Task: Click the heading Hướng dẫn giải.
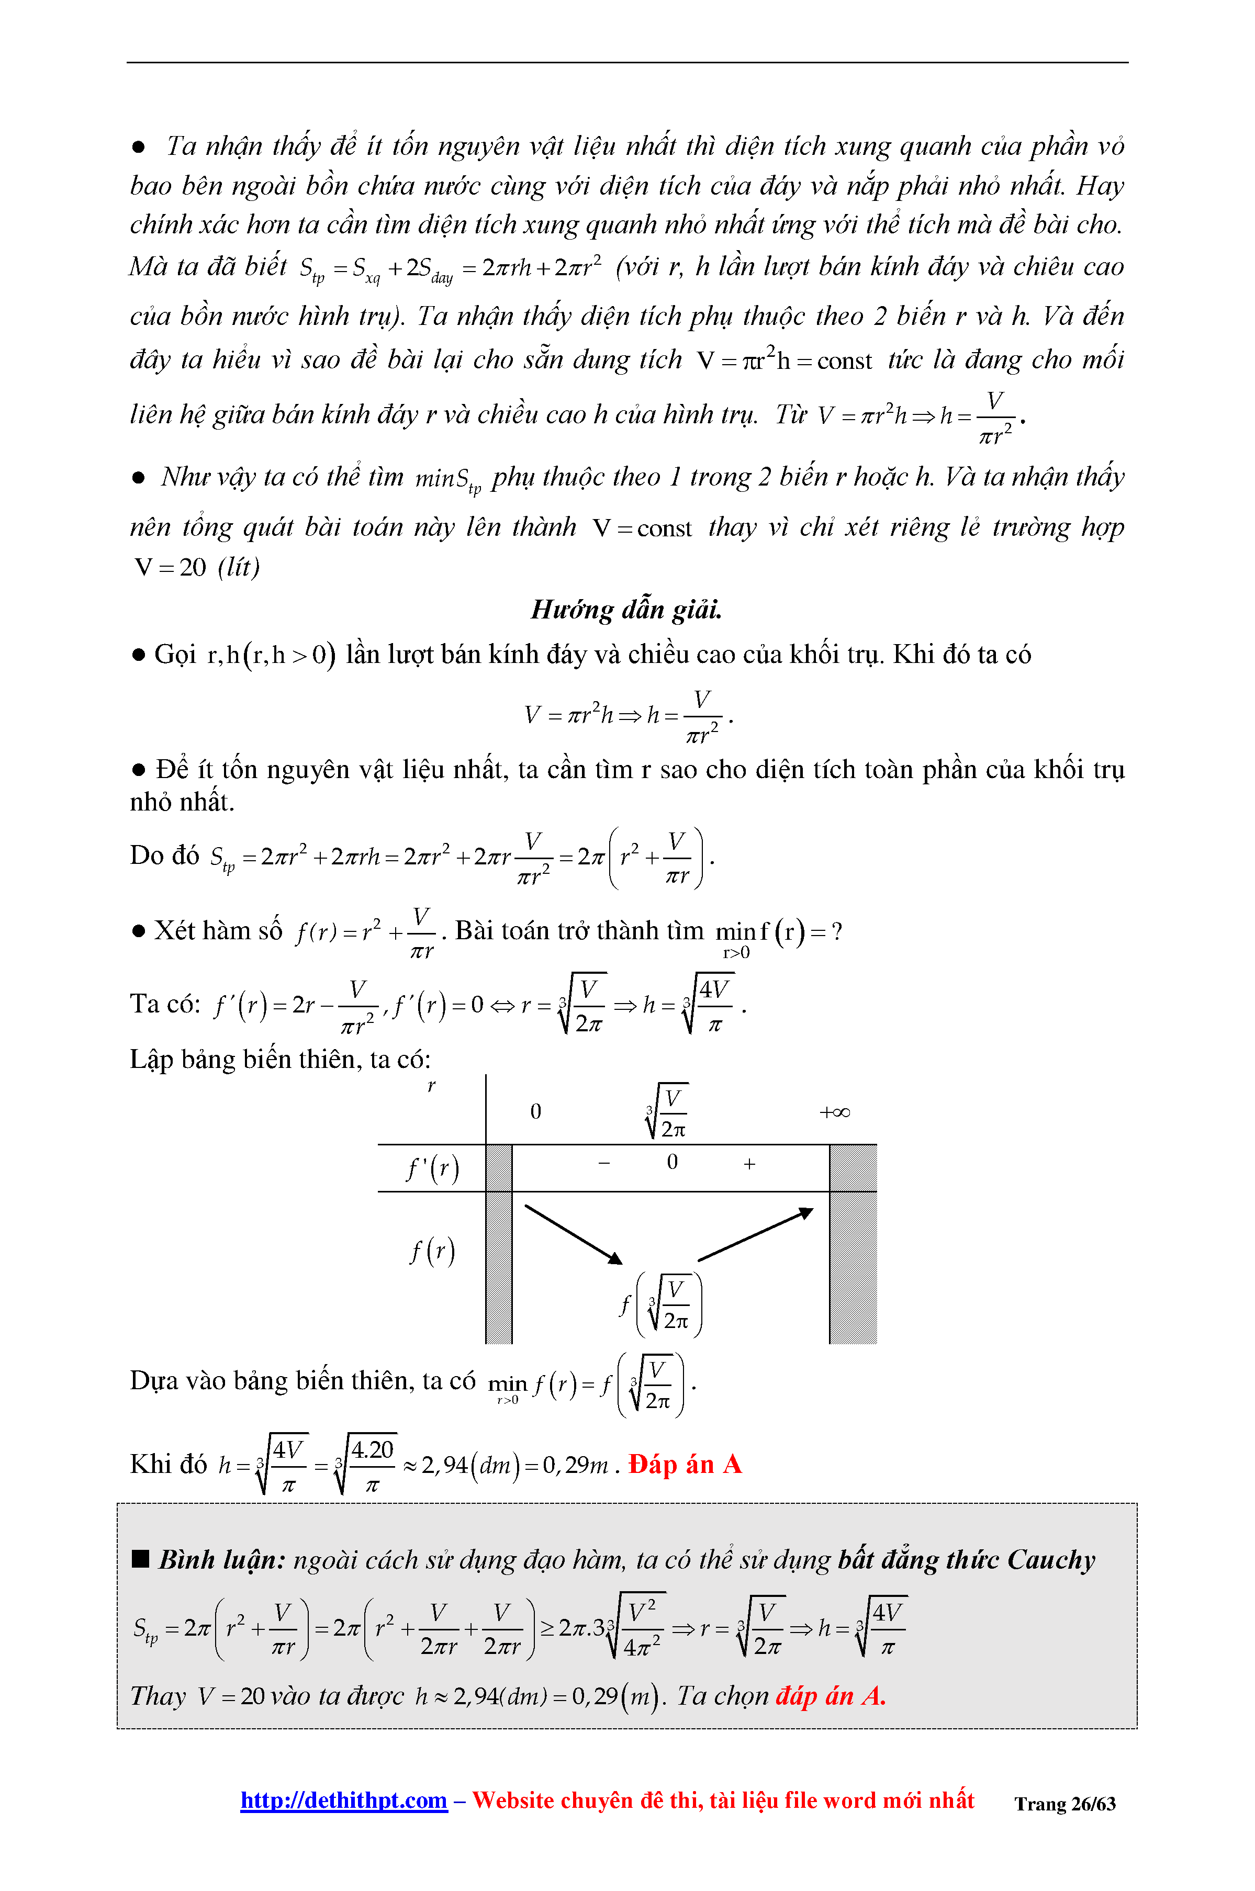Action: pos(626,610)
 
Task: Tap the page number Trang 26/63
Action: pos(1064,1804)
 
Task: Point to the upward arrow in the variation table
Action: pos(755,1235)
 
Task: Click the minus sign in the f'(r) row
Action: pos(604,1163)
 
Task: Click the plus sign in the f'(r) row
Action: pos(749,1164)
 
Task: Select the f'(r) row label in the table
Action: pos(432,1169)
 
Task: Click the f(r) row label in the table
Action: pos(432,1251)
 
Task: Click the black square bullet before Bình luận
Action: pos(141,1559)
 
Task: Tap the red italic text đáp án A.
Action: pos(830,1696)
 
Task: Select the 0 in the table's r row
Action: pos(535,1111)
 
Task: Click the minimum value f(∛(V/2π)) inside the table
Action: pos(661,1305)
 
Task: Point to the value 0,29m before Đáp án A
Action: pos(575,1465)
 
